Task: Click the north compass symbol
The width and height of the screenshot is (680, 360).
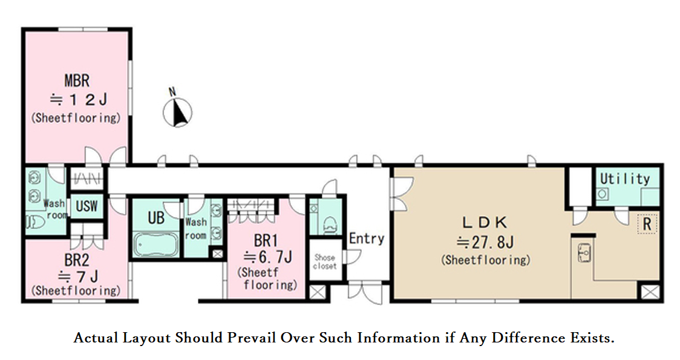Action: click(177, 112)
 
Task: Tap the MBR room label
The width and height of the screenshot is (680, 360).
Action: click(77, 80)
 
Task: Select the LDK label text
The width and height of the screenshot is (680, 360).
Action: click(485, 223)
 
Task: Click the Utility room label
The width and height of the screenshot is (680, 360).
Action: click(625, 178)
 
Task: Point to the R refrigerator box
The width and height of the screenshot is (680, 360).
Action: click(647, 224)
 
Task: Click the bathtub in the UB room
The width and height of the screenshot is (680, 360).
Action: click(156, 244)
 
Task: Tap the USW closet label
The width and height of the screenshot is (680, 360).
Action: click(87, 206)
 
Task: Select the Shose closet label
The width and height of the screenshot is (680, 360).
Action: click(325, 261)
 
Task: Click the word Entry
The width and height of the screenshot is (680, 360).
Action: click(367, 238)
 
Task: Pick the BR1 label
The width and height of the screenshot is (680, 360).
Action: click(266, 240)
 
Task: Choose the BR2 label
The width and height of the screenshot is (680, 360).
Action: click(77, 260)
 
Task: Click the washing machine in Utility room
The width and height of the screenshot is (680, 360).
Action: click(603, 194)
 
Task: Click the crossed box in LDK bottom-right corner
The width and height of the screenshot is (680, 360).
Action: click(650, 292)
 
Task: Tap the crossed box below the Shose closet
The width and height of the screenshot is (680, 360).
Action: click(317, 292)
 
